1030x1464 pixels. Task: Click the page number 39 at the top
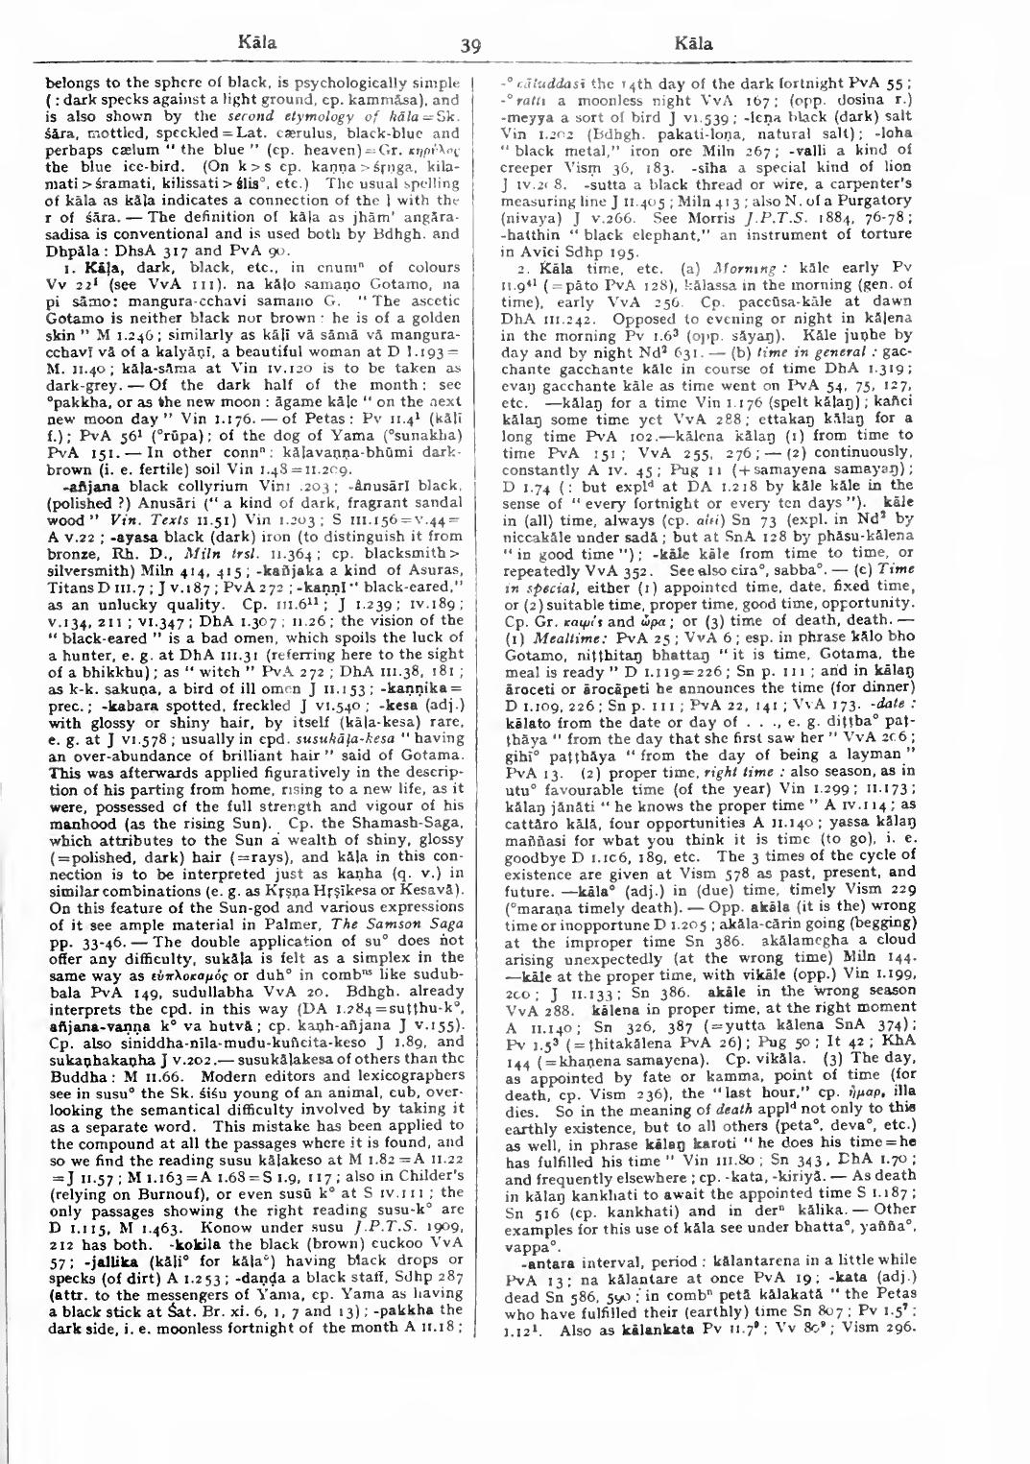[469, 44]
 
